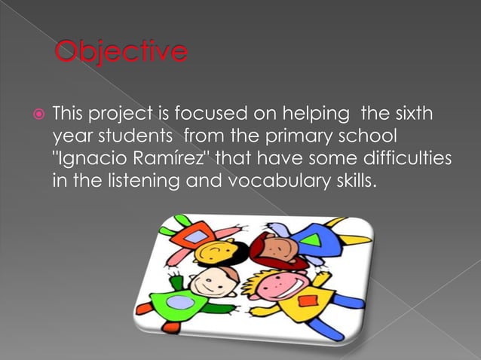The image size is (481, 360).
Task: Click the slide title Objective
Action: [121, 52]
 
